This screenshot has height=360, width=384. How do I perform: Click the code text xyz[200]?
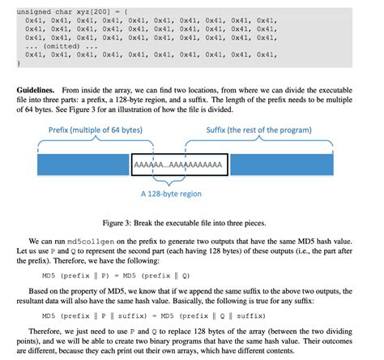[x=82, y=7]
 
